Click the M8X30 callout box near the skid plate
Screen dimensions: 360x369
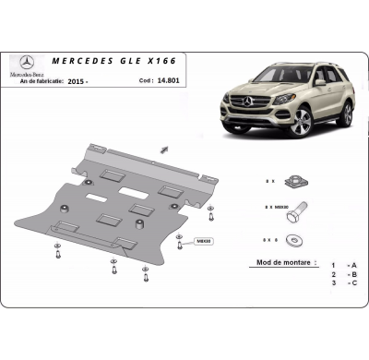(x=203, y=241)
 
